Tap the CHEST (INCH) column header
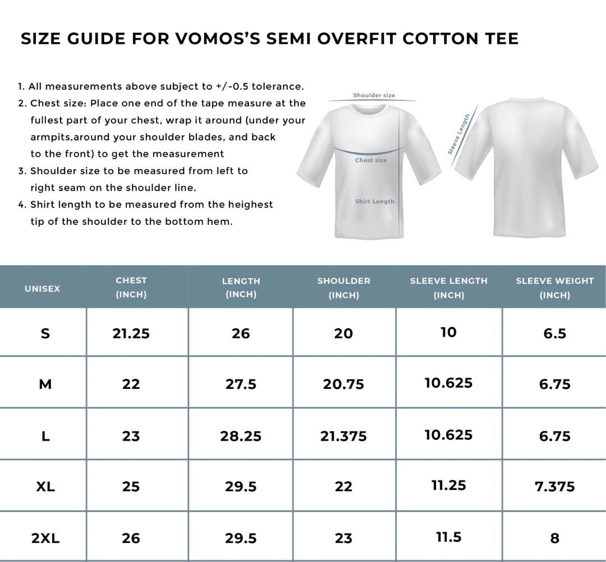coord(131,287)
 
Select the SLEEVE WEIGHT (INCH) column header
coord(554,288)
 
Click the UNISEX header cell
coord(42,288)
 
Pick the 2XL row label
coord(45,538)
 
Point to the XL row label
coord(45,486)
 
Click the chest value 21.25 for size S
coord(131,333)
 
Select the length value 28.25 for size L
coord(241,436)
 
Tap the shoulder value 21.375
coord(343,436)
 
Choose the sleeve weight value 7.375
coord(554,487)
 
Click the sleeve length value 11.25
coord(448,485)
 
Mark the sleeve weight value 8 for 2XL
coord(554,538)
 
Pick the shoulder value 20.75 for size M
coord(343,384)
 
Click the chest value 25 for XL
coord(131,487)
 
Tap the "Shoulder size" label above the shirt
coord(374,96)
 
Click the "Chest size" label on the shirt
coord(371,160)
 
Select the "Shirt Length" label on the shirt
coord(374,201)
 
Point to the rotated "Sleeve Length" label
coord(459,134)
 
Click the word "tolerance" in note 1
coord(275,87)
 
